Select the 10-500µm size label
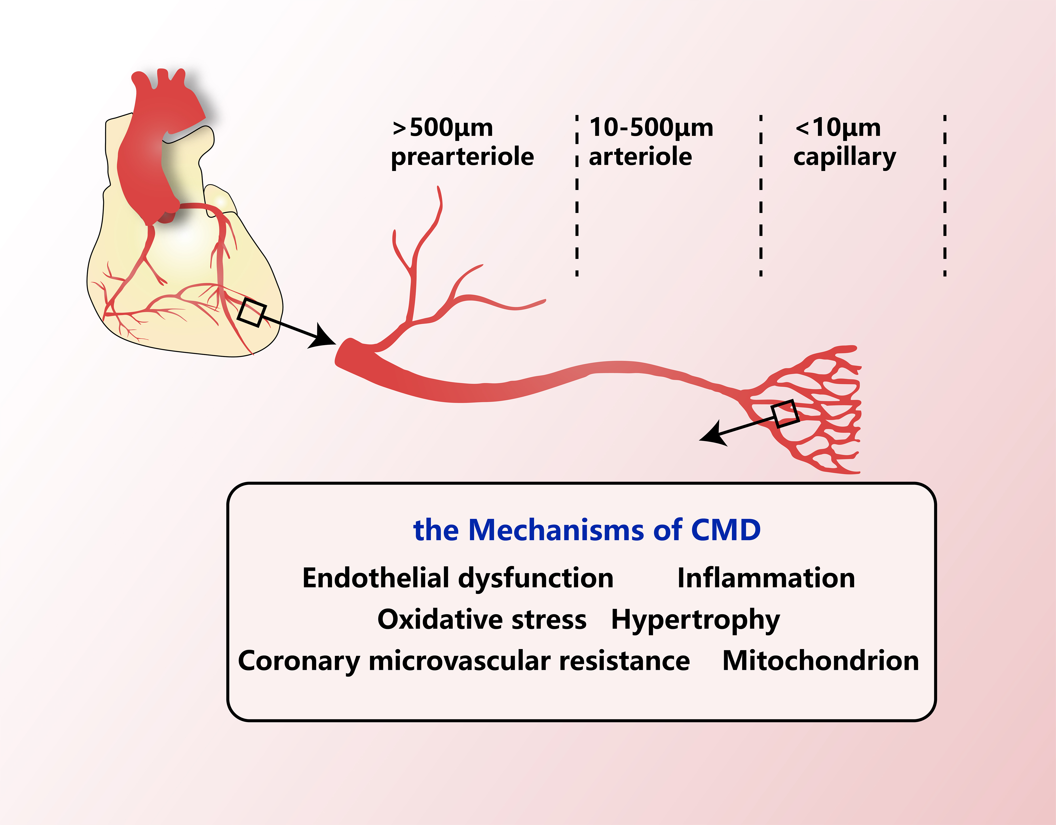651,128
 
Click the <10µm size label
838,128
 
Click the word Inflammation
766,578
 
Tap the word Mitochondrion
821,660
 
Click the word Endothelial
376,578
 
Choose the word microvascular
459,660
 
